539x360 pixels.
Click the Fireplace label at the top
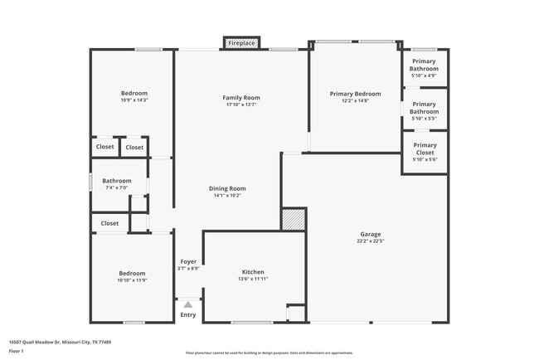click(241, 42)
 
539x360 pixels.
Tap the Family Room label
click(241, 98)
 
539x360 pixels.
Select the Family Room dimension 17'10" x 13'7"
click(241, 105)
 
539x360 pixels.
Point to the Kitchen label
click(253, 272)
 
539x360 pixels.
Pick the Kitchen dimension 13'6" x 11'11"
click(253, 280)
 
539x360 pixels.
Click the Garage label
click(370, 234)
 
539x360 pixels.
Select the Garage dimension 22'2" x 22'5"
click(370, 241)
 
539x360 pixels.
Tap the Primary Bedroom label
click(355, 94)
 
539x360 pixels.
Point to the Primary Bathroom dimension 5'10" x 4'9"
click(425, 75)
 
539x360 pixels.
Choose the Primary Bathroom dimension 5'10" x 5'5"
click(425, 119)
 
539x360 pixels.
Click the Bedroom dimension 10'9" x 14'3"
click(134, 100)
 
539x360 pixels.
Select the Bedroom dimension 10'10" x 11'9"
click(132, 280)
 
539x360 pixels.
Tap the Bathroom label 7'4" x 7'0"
click(117, 181)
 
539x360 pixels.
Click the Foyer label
click(188, 262)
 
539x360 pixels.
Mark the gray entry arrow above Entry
click(188, 305)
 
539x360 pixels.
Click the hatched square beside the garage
click(294, 219)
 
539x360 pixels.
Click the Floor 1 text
click(17, 351)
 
